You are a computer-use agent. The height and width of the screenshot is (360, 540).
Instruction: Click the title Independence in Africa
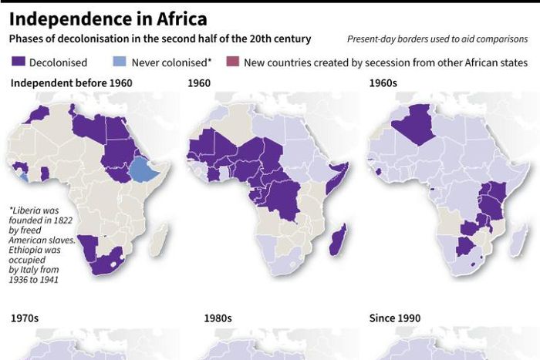coord(108,18)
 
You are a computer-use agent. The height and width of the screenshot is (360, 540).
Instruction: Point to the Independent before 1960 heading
coord(71,82)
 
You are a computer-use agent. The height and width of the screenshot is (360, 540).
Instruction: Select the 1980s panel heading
coord(218,318)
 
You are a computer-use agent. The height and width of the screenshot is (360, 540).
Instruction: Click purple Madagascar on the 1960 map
coord(337,239)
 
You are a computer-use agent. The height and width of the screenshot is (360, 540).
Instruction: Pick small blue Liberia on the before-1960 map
coord(25,177)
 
